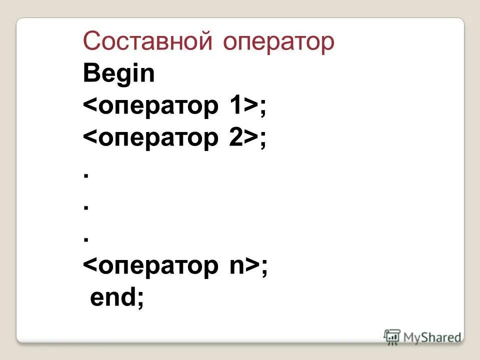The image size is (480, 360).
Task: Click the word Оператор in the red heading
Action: pos(278,42)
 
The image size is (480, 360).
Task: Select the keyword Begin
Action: pos(119,75)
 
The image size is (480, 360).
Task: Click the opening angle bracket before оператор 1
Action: pos(90,107)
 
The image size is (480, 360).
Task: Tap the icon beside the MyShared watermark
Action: pos(392,336)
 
